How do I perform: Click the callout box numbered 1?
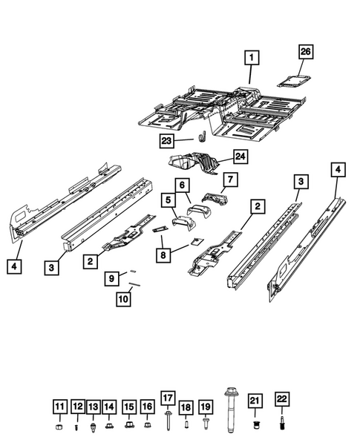(x=253, y=56)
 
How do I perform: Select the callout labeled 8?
(x=162, y=253)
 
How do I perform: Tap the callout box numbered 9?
(x=111, y=279)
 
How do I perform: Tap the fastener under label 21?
(x=255, y=425)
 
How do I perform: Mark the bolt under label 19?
(x=206, y=424)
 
